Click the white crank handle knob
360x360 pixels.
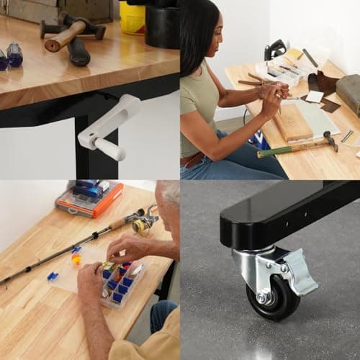pos(109,149)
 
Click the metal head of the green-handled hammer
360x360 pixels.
pos(330,140)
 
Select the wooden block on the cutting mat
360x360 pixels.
pos(292,122)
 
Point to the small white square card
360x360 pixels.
pos(314,96)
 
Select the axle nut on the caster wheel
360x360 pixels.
pos(264,297)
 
